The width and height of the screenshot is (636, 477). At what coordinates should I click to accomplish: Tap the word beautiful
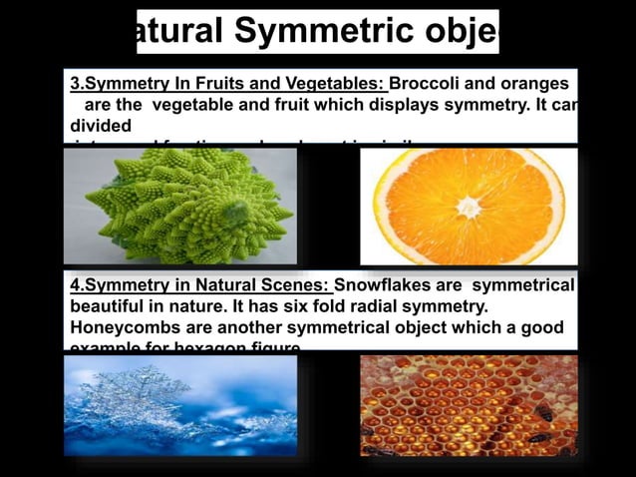tap(112, 307)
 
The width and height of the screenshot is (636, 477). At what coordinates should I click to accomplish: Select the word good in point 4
tap(542, 328)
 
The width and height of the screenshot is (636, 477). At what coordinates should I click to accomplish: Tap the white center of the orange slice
tap(467, 208)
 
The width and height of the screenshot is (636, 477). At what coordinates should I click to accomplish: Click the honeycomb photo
tap(468, 405)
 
